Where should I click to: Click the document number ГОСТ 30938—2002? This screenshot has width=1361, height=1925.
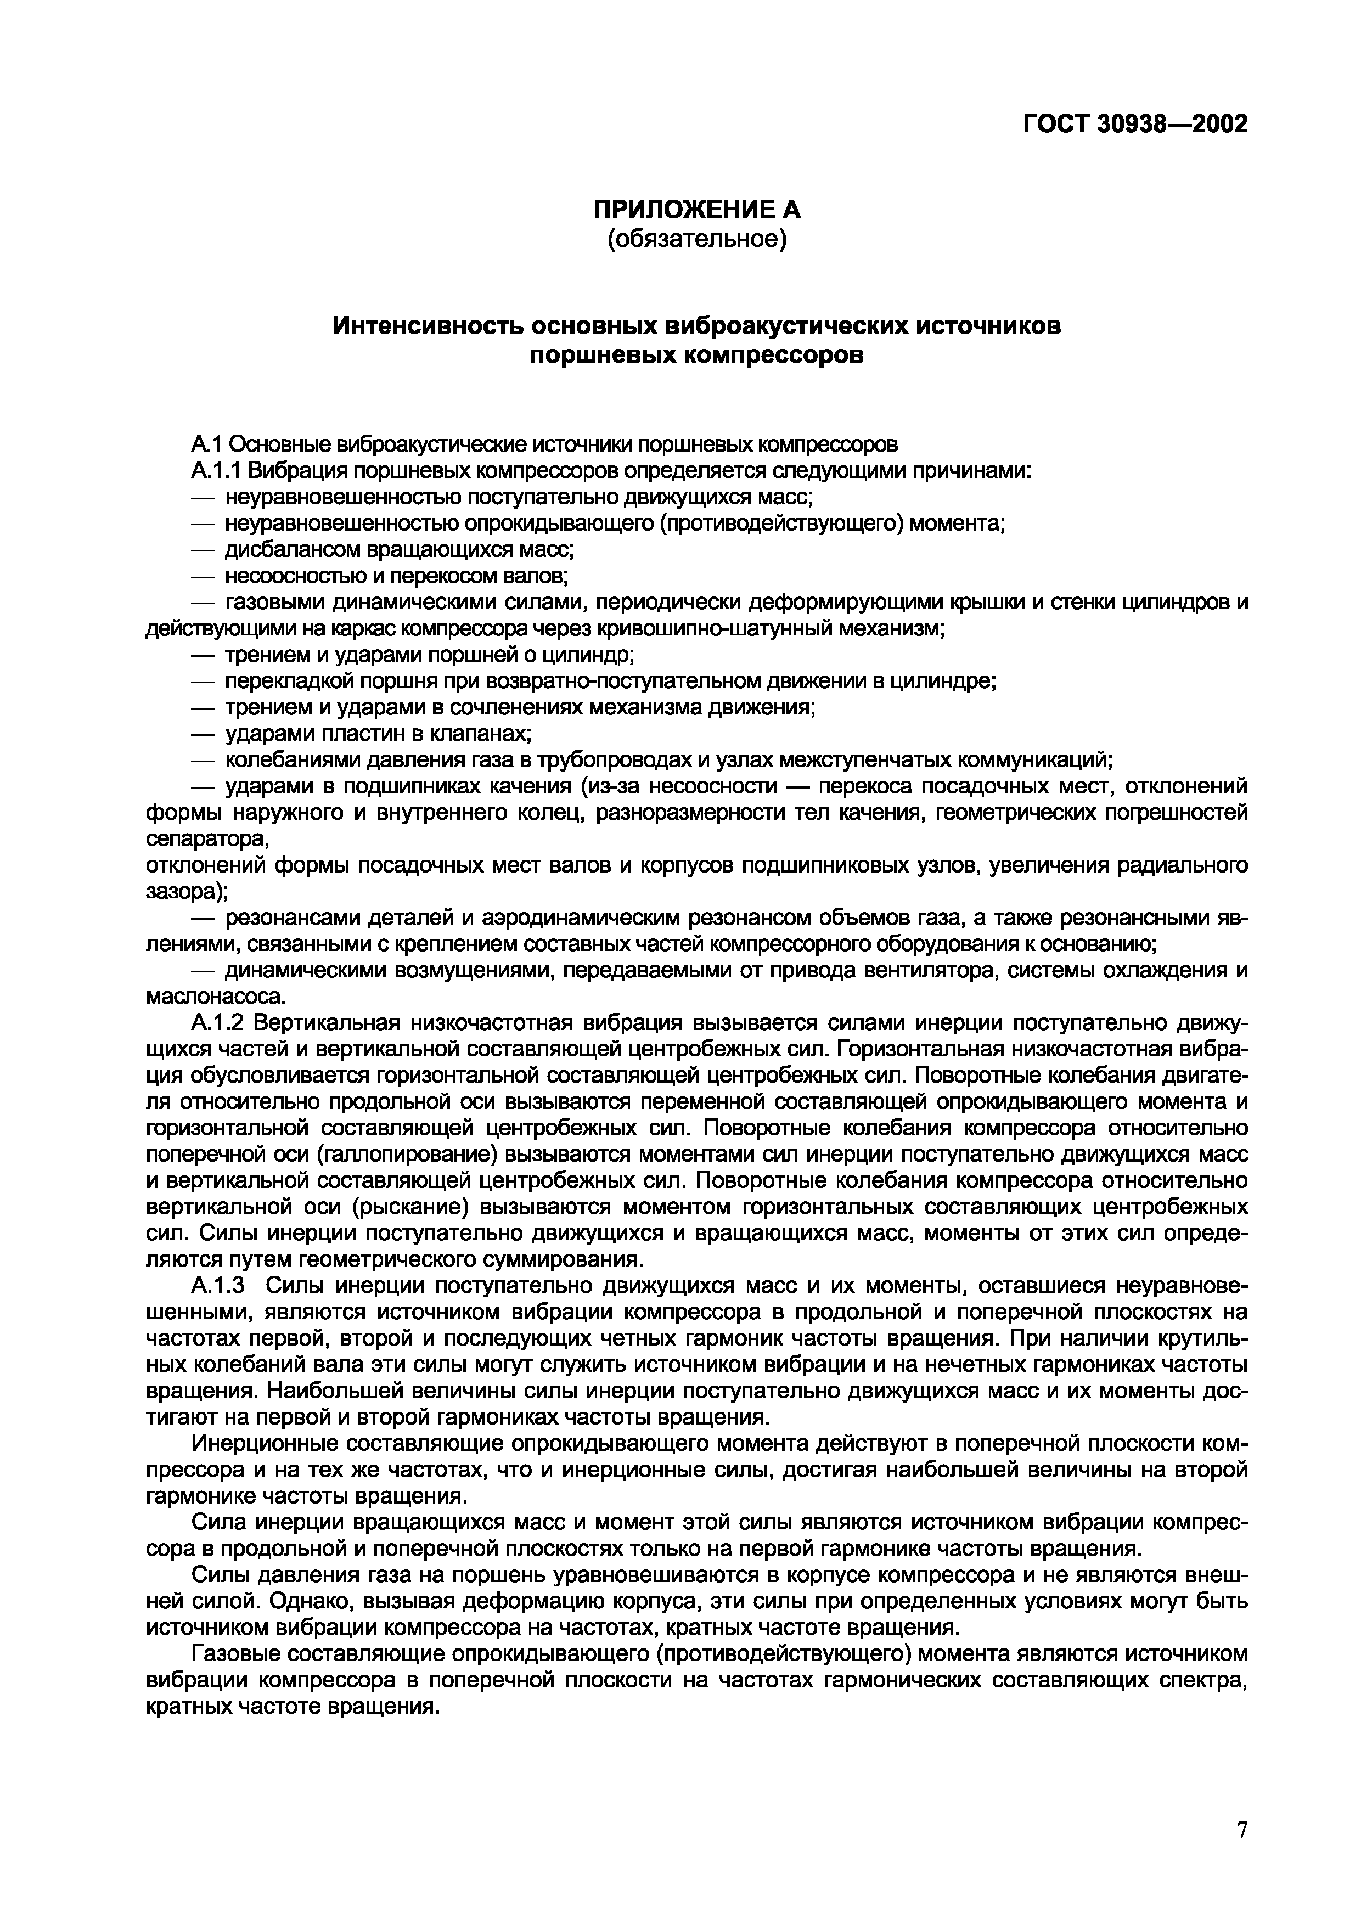pyautogui.click(x=1134, y=124)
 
